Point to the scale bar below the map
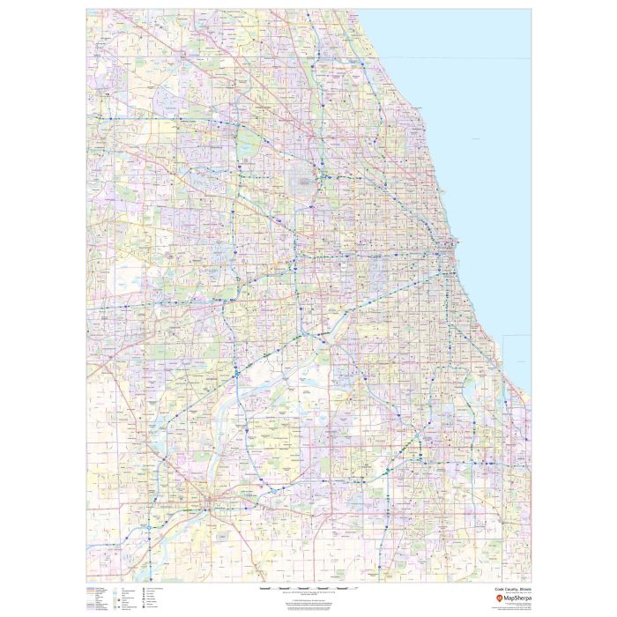(299, 586)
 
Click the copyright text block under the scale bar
(299, 600)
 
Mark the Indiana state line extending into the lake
(516, 336)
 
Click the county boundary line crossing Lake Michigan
(458, 59)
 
